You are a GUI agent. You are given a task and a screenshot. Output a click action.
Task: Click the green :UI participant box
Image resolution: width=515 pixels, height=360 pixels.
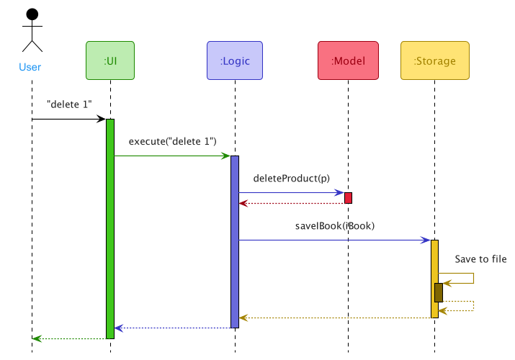110,61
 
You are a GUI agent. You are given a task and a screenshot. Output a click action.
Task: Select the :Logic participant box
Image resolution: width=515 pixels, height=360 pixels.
235,61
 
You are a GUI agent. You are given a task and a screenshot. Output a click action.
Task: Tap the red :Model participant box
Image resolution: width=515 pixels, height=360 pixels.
348,61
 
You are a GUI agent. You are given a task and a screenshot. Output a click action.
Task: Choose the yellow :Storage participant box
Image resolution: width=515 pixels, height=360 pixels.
434,61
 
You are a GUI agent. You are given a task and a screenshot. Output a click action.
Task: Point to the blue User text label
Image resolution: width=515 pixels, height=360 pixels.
30,68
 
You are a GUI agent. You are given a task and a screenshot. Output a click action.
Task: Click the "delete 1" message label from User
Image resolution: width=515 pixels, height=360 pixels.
69,104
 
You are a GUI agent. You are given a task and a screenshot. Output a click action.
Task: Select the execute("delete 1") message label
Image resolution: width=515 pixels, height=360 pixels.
173,141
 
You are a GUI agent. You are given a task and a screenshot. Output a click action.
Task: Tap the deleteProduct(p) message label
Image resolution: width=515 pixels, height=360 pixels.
292,178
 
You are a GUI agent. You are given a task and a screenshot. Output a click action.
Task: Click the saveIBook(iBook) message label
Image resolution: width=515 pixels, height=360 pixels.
335,226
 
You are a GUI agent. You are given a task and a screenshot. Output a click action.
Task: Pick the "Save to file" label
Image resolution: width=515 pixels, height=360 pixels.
480,259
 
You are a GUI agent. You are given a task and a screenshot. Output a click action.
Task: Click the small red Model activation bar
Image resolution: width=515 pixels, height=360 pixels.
348,198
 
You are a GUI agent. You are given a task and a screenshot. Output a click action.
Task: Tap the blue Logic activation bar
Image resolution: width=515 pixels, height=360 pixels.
235,241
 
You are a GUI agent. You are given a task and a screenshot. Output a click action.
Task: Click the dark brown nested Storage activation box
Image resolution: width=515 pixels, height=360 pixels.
438,292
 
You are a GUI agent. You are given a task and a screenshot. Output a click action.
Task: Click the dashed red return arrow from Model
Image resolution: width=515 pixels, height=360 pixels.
292,204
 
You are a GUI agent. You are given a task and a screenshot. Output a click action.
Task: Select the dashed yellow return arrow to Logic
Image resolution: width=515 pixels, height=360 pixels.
335,318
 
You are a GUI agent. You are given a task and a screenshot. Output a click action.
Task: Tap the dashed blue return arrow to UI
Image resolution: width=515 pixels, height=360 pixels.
173,328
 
